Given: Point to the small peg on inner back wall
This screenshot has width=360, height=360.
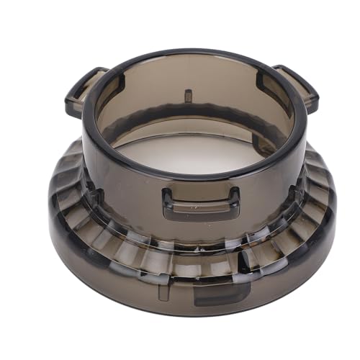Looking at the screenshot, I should (188, 96).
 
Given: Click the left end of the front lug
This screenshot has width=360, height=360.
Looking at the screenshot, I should (167, 202).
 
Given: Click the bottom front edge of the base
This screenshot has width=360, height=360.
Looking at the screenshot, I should (191, 313).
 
